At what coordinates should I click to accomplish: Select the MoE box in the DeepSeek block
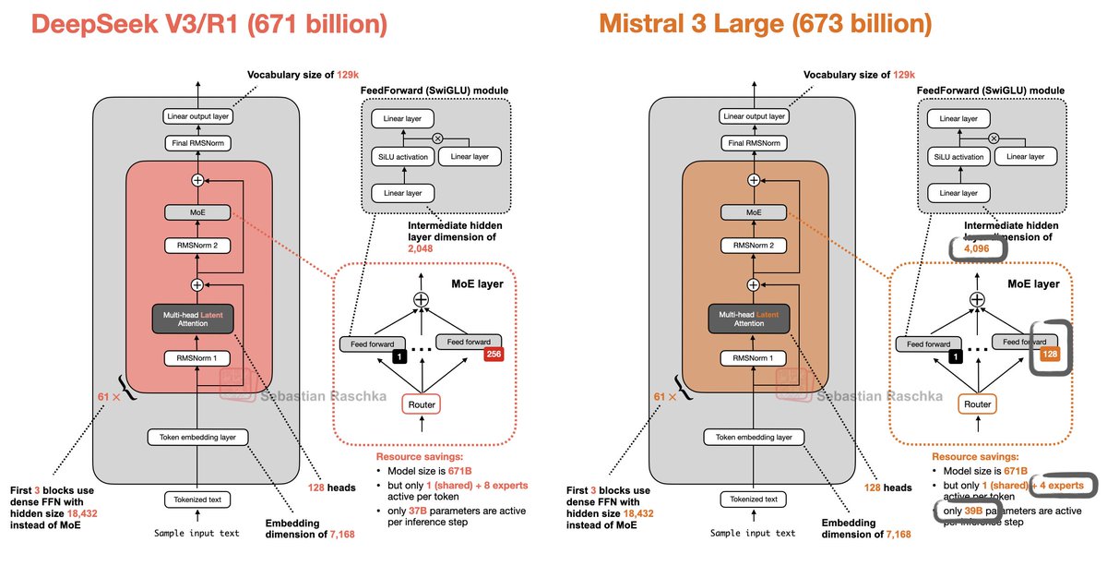click(x=196, y=212)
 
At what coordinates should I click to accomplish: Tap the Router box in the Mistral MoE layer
click(x=977, y=403)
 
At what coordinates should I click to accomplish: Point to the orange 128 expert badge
click(x=1050, y=354)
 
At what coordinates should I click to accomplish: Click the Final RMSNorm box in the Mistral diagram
click(x=754, y=143)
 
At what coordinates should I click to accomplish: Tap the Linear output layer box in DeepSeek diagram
click(x=196, y=116)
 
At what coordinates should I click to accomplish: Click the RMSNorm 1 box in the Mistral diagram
click(x=754, y=358)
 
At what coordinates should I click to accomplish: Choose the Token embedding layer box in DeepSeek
click(x=196, y=437)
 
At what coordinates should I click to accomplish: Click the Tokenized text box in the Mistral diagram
click(x=754, y=500)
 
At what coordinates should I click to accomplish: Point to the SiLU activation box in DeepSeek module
click(x=399, y=156)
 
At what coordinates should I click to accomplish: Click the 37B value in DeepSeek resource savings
click(x=421, y=512)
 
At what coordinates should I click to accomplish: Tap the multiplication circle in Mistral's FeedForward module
click(x=994, y=138)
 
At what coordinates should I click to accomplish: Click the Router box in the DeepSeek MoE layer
click(x=420, y=403)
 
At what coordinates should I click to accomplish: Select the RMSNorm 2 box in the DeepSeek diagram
click(x=196, y=246)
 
